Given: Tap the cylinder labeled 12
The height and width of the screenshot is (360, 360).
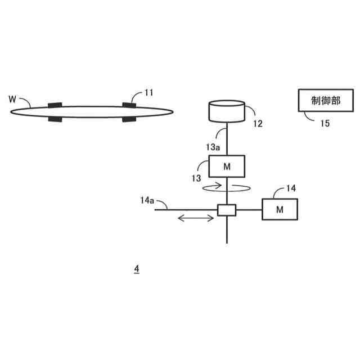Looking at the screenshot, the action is coord(226,111).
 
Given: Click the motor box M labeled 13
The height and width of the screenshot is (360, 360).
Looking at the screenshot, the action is coord(226,166).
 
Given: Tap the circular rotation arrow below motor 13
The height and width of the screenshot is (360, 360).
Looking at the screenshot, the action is coord(226,188).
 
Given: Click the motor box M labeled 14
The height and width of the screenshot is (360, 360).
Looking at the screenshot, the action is coord(280,209).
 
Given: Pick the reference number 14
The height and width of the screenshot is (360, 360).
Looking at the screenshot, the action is coord(291,188).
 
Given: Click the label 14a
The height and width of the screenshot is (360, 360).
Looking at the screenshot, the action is coord(147,200).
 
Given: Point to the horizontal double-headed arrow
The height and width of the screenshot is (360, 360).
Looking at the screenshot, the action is coord(195,218).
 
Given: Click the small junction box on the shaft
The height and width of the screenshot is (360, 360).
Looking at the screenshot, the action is coord(227,210).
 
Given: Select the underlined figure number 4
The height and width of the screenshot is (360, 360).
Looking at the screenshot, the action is coord(136,269).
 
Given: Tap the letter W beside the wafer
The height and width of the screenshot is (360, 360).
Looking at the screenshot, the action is coord(12,99).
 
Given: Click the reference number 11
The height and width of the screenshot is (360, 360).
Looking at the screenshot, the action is coord(148,92).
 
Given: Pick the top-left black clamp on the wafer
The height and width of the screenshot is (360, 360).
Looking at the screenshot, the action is coord(55,105).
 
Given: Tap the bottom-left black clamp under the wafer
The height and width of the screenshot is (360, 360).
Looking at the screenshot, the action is coord(56,119).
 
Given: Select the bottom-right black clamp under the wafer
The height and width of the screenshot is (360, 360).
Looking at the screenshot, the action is coord(129,119).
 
